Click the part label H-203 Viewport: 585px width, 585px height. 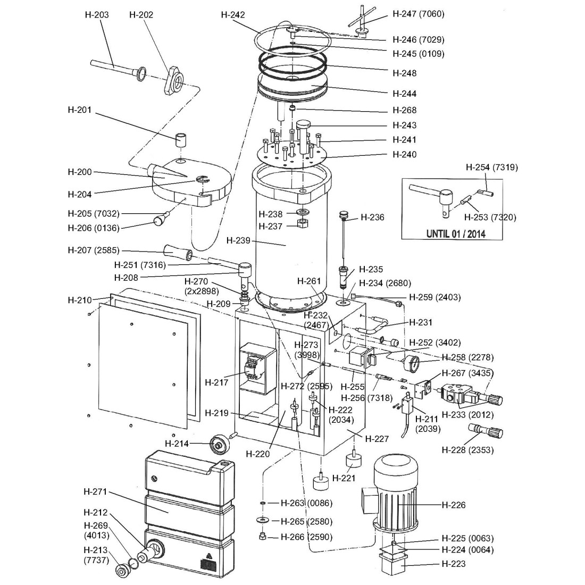(97, 14)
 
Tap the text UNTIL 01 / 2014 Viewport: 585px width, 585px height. (456, 233)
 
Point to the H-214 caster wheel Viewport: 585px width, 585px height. (219, 442)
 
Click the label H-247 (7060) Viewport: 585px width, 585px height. (418, 14)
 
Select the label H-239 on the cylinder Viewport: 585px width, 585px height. (238, 240)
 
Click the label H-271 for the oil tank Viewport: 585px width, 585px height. (96, 492)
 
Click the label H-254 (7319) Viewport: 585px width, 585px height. (492, 167)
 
